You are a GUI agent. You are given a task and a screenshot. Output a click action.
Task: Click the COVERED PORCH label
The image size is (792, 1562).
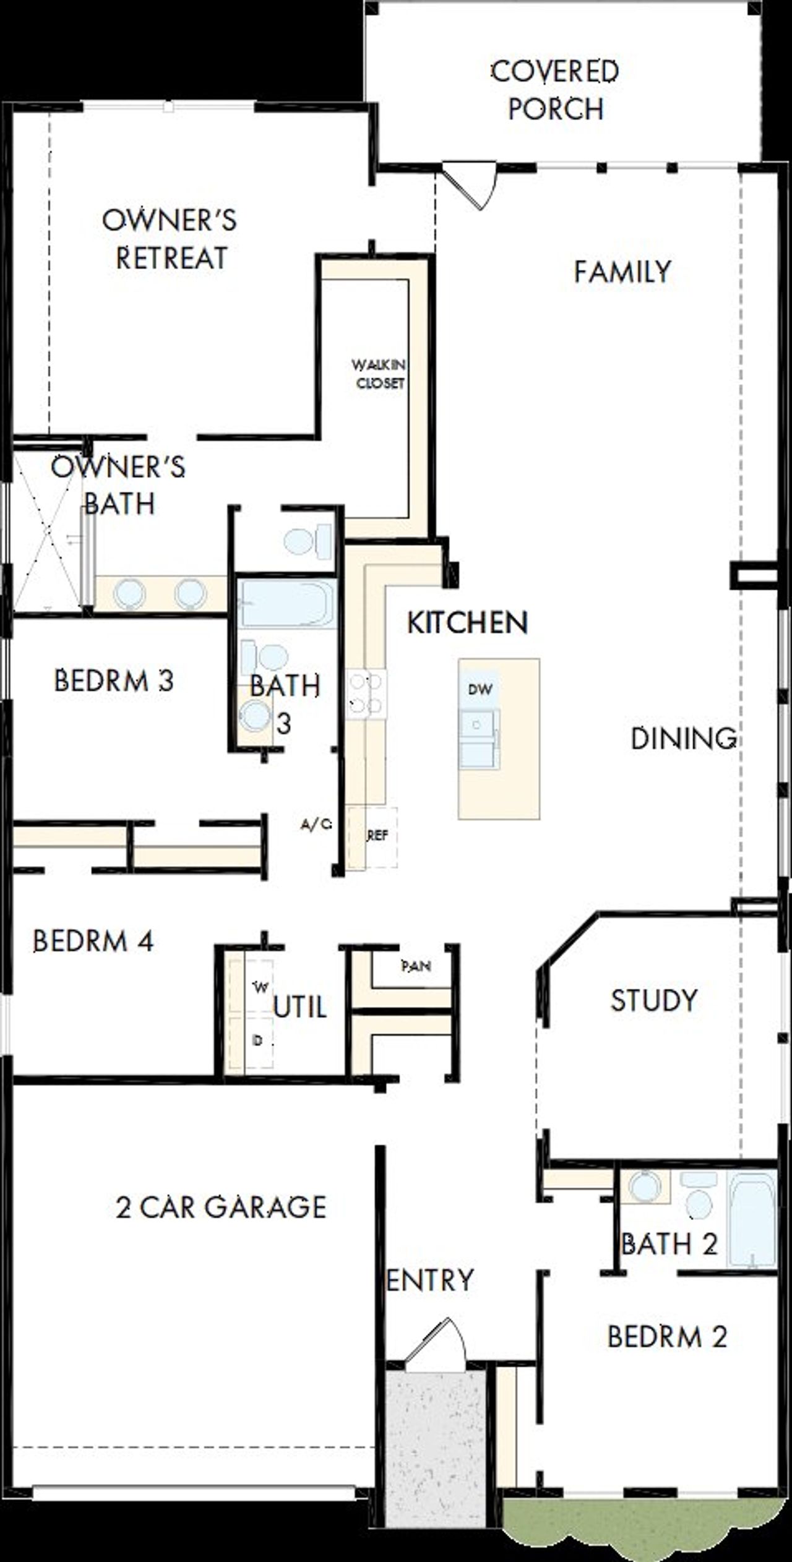coord(555,90)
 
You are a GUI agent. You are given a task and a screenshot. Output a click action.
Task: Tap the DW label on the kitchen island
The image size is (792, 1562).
coord(480,689)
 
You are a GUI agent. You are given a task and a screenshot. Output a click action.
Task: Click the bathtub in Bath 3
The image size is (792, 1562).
coord(287,603)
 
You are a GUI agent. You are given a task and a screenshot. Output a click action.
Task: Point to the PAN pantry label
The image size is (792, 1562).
coord(416,966)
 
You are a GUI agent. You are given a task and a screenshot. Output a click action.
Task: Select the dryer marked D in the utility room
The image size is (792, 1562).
coord(258,1041)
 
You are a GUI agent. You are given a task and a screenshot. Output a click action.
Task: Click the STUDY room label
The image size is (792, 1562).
coord(654,1000)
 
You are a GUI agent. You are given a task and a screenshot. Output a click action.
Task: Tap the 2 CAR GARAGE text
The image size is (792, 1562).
coord(221,1207)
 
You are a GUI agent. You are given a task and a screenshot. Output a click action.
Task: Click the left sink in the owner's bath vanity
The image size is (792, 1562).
coord(129,594)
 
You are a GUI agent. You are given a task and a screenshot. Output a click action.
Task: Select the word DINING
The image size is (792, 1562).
coord(683,738)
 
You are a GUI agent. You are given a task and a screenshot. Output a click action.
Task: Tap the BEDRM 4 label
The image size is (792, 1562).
coord(93,942)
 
